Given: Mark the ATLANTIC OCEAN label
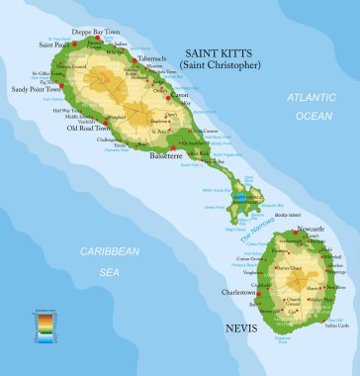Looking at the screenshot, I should pyautogui.click(x=311, y=106).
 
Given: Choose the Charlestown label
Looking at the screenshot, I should pyautogui.click(x=241, y=292).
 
